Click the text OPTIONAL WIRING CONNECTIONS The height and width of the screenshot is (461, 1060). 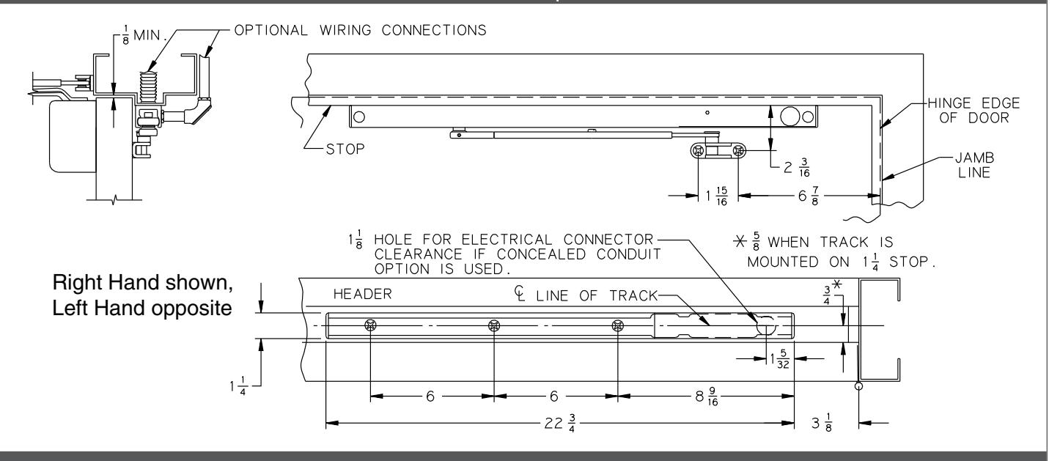click(360, 30)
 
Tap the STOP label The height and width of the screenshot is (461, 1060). click(345, 150)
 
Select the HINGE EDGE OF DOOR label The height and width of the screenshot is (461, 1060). click(973, 110)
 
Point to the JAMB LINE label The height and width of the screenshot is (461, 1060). click(974, 165)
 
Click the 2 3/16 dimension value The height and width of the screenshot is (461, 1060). click(797, 168)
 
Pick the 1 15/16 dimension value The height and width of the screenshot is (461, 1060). click(716, 196)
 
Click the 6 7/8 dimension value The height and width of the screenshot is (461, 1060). click(809, 196)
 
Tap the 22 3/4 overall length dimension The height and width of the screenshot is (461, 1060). click(560, 423)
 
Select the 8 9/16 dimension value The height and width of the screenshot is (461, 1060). click(707, 397)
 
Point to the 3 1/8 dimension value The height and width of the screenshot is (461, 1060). click(822, 423)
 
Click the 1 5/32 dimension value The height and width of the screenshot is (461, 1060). click(780, 359)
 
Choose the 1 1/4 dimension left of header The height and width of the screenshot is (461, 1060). click(238, 386)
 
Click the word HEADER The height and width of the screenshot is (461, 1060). click(363, 295)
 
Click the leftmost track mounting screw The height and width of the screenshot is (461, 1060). click(370, 325)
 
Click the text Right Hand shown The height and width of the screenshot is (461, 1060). click(142, 283)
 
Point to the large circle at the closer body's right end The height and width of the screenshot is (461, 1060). click(790, 117)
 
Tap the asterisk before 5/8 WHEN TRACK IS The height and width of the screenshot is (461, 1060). click(740, 242)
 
